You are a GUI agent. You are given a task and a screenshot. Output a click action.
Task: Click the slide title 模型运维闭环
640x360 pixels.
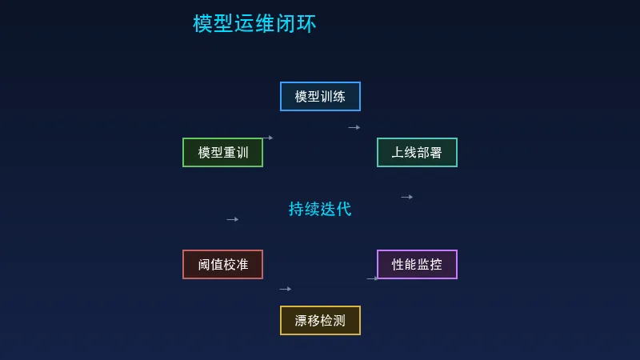254,24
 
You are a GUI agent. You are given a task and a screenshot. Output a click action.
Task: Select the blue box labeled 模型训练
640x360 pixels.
320,96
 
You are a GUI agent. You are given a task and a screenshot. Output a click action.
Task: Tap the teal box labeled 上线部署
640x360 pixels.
417,152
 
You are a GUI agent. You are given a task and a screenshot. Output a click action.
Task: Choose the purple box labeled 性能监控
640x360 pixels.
417,264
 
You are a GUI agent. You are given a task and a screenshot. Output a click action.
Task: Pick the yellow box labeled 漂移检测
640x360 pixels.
320,320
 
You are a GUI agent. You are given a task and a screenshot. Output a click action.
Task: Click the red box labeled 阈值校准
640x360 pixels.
222,264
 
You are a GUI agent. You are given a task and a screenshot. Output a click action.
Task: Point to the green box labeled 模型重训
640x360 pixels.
222,152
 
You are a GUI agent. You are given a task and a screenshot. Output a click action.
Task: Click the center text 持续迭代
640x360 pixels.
320,209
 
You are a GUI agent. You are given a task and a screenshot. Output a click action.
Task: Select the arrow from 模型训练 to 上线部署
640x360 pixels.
354,127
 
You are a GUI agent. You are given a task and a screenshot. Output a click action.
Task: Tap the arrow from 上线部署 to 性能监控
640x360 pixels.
406,197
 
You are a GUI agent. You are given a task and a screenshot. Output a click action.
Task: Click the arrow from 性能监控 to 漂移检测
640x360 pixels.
372,278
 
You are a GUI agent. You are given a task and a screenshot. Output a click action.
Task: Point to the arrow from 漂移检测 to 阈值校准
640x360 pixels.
285,289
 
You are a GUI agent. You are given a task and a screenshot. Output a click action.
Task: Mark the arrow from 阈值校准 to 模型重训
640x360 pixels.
232,219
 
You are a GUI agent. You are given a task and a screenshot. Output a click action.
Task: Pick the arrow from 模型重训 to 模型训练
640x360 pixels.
267,138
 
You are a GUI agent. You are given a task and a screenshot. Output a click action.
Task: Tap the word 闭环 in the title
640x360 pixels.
296,24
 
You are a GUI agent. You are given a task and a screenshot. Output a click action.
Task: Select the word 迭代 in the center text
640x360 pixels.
336,209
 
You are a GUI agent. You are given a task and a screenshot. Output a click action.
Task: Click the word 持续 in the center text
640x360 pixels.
304,209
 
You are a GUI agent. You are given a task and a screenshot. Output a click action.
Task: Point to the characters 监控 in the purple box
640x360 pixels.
430,264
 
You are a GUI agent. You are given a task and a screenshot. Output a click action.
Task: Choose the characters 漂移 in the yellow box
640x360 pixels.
307,320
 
